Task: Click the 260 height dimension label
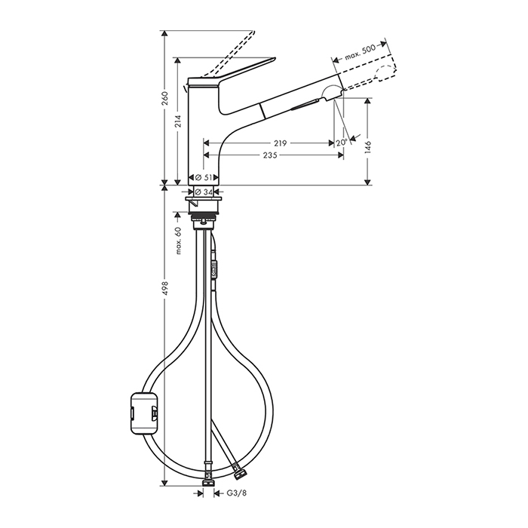pyautogui.click(x=164, y=98)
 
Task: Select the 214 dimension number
pyautogui.click(x=178, y=121)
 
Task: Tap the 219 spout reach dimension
pyautogui.click(x=280, y=143)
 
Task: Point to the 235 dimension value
pyautogui.click(x=270, y=155)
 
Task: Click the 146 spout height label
pyautogui.click(x=367, y=147)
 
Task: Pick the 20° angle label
pyautogui.click(x=342, y=143)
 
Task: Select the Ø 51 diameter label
pyautogui.click(x=204, y=177)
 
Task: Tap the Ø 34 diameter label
pyautogui.click(x=204, y=192)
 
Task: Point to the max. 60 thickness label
pyautogui.click(x=178, y=241)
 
